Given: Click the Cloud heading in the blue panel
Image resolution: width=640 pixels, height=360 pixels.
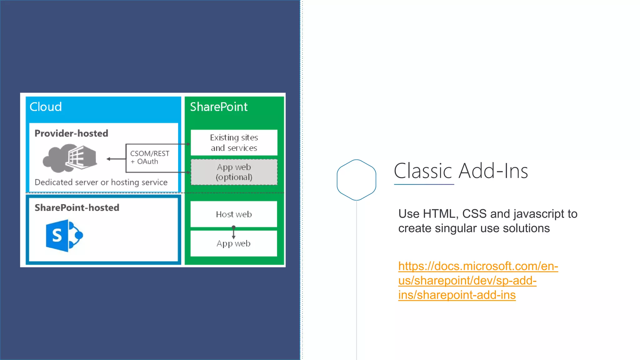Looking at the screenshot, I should [x=46, y=107].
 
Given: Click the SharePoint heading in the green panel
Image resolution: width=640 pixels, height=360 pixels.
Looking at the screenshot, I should [x=219, y=107].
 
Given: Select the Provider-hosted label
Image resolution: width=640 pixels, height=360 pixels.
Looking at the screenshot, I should [x=71, y=133].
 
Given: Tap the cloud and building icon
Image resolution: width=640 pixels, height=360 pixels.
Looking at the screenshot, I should [x=70, y=158].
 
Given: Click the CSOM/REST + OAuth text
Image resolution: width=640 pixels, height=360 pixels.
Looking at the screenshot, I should [x=150, y=157].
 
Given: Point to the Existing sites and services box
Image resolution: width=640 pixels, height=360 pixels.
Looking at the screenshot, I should [x=234, y=142].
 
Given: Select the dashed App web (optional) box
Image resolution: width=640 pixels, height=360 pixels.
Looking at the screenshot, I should [x=234, y=172].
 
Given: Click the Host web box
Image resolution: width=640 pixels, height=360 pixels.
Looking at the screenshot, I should [x=234, y=214].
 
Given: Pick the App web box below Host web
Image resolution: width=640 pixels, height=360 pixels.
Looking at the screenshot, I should [x=234, y=244].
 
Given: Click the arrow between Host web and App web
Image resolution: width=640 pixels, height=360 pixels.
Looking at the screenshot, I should [x=233, y=232].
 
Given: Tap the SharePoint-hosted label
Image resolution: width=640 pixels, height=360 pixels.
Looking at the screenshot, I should [x=77, y=208].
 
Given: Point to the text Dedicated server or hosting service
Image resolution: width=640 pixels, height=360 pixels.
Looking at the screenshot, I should [x=101, y=182].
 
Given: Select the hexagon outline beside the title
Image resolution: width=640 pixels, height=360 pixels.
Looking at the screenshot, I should [x=356, y=180].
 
